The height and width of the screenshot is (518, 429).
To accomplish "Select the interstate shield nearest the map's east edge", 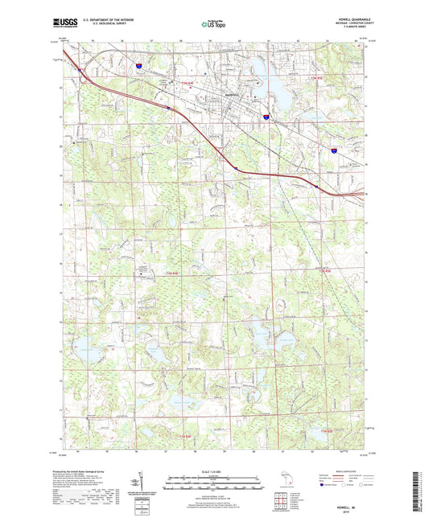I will pos(334,149).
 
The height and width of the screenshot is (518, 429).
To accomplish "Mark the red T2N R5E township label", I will pos(324,273).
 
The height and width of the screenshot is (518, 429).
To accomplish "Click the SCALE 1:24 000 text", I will pos(213,471).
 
